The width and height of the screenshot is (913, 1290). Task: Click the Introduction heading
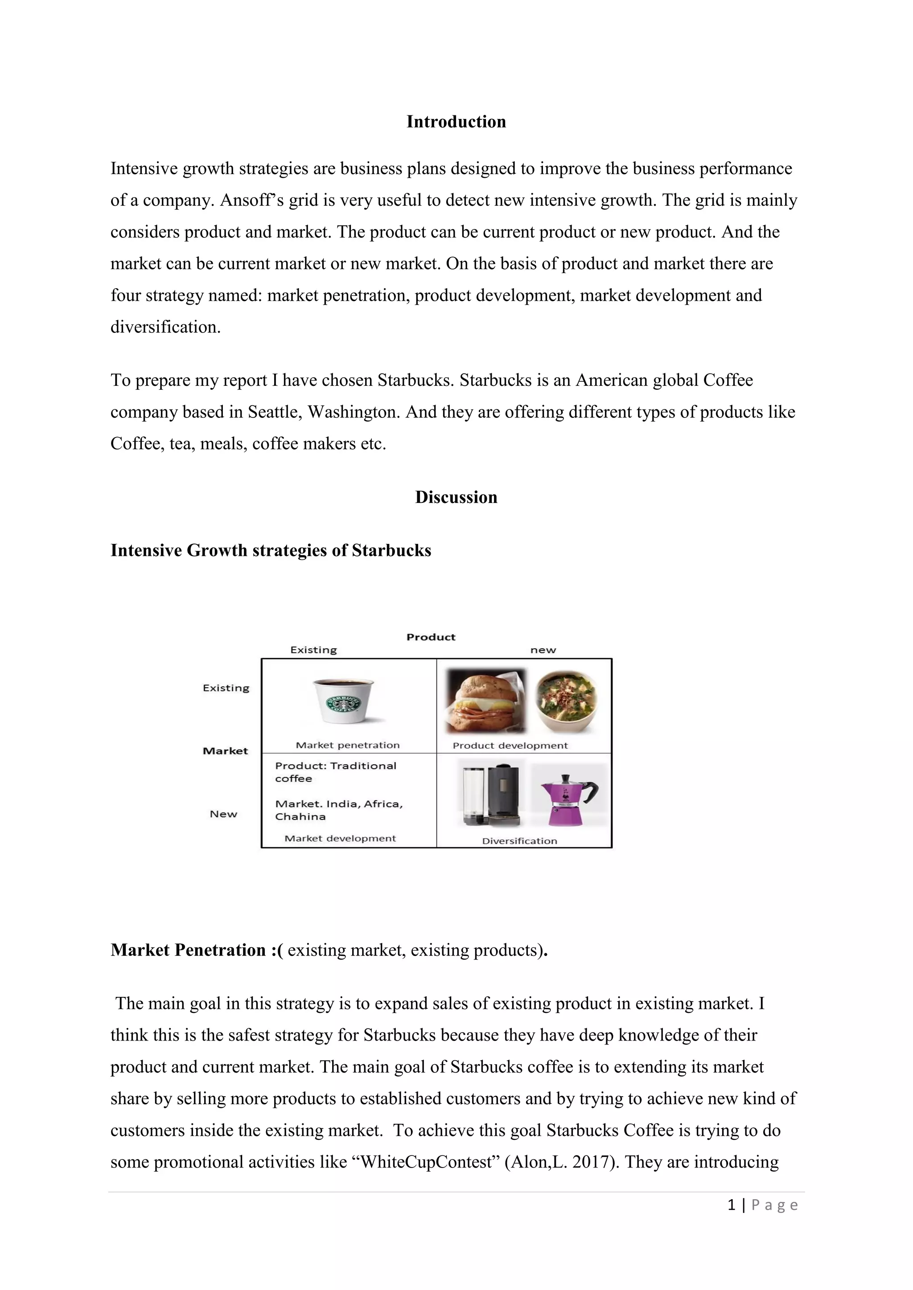point(456,122)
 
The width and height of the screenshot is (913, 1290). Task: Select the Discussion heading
point(456,497)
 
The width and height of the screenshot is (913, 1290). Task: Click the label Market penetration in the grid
point(347,745)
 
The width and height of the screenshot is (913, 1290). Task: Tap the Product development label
point(510,746)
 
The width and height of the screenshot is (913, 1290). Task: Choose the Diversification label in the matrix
point(519,841)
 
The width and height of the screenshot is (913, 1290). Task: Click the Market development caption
point(340,838)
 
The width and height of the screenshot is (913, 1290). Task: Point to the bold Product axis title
point(431,637)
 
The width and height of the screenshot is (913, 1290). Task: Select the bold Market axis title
point(225,751)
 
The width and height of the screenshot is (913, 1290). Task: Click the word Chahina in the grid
point(300,816)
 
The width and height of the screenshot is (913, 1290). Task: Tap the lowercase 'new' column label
point(543,650)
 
